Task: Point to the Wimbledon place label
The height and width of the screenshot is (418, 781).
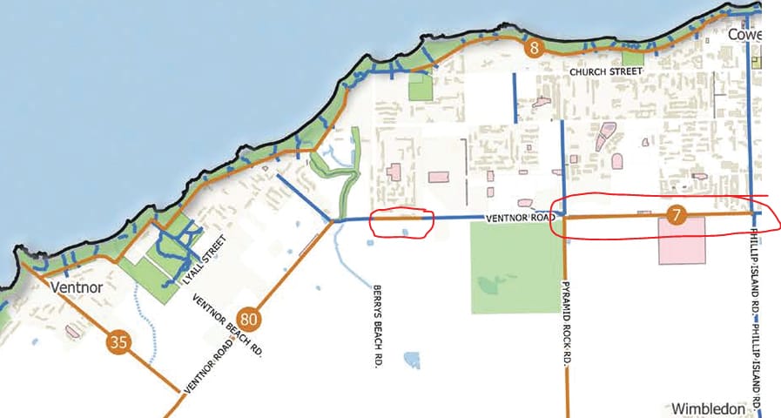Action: pos(709,408)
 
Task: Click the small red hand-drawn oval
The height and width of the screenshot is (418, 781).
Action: pos(401,224)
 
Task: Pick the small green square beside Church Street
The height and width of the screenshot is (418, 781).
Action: pos(632,59)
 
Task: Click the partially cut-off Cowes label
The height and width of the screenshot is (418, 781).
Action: pos(744,36)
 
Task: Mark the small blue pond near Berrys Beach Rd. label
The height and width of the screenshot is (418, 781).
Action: pos(410,357)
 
